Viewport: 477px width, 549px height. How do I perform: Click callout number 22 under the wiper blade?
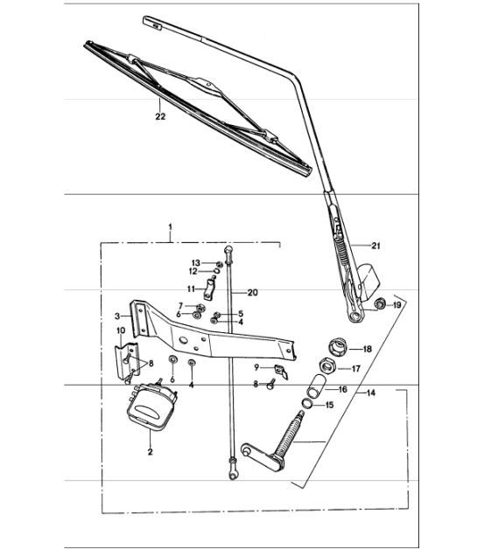pos(158,115)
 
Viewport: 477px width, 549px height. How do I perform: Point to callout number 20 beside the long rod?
pos(253,293)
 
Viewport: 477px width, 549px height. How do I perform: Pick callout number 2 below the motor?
pos(150,453)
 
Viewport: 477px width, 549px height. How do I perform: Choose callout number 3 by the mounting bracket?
pos(116,316)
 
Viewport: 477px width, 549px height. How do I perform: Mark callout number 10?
pos(121,331)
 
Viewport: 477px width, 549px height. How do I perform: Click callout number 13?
pos(197,262)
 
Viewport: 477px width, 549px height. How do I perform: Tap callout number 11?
pos(191,288)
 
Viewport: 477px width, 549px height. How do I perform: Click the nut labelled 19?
pos(381,304)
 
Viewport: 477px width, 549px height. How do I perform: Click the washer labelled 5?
pos(217,314)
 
